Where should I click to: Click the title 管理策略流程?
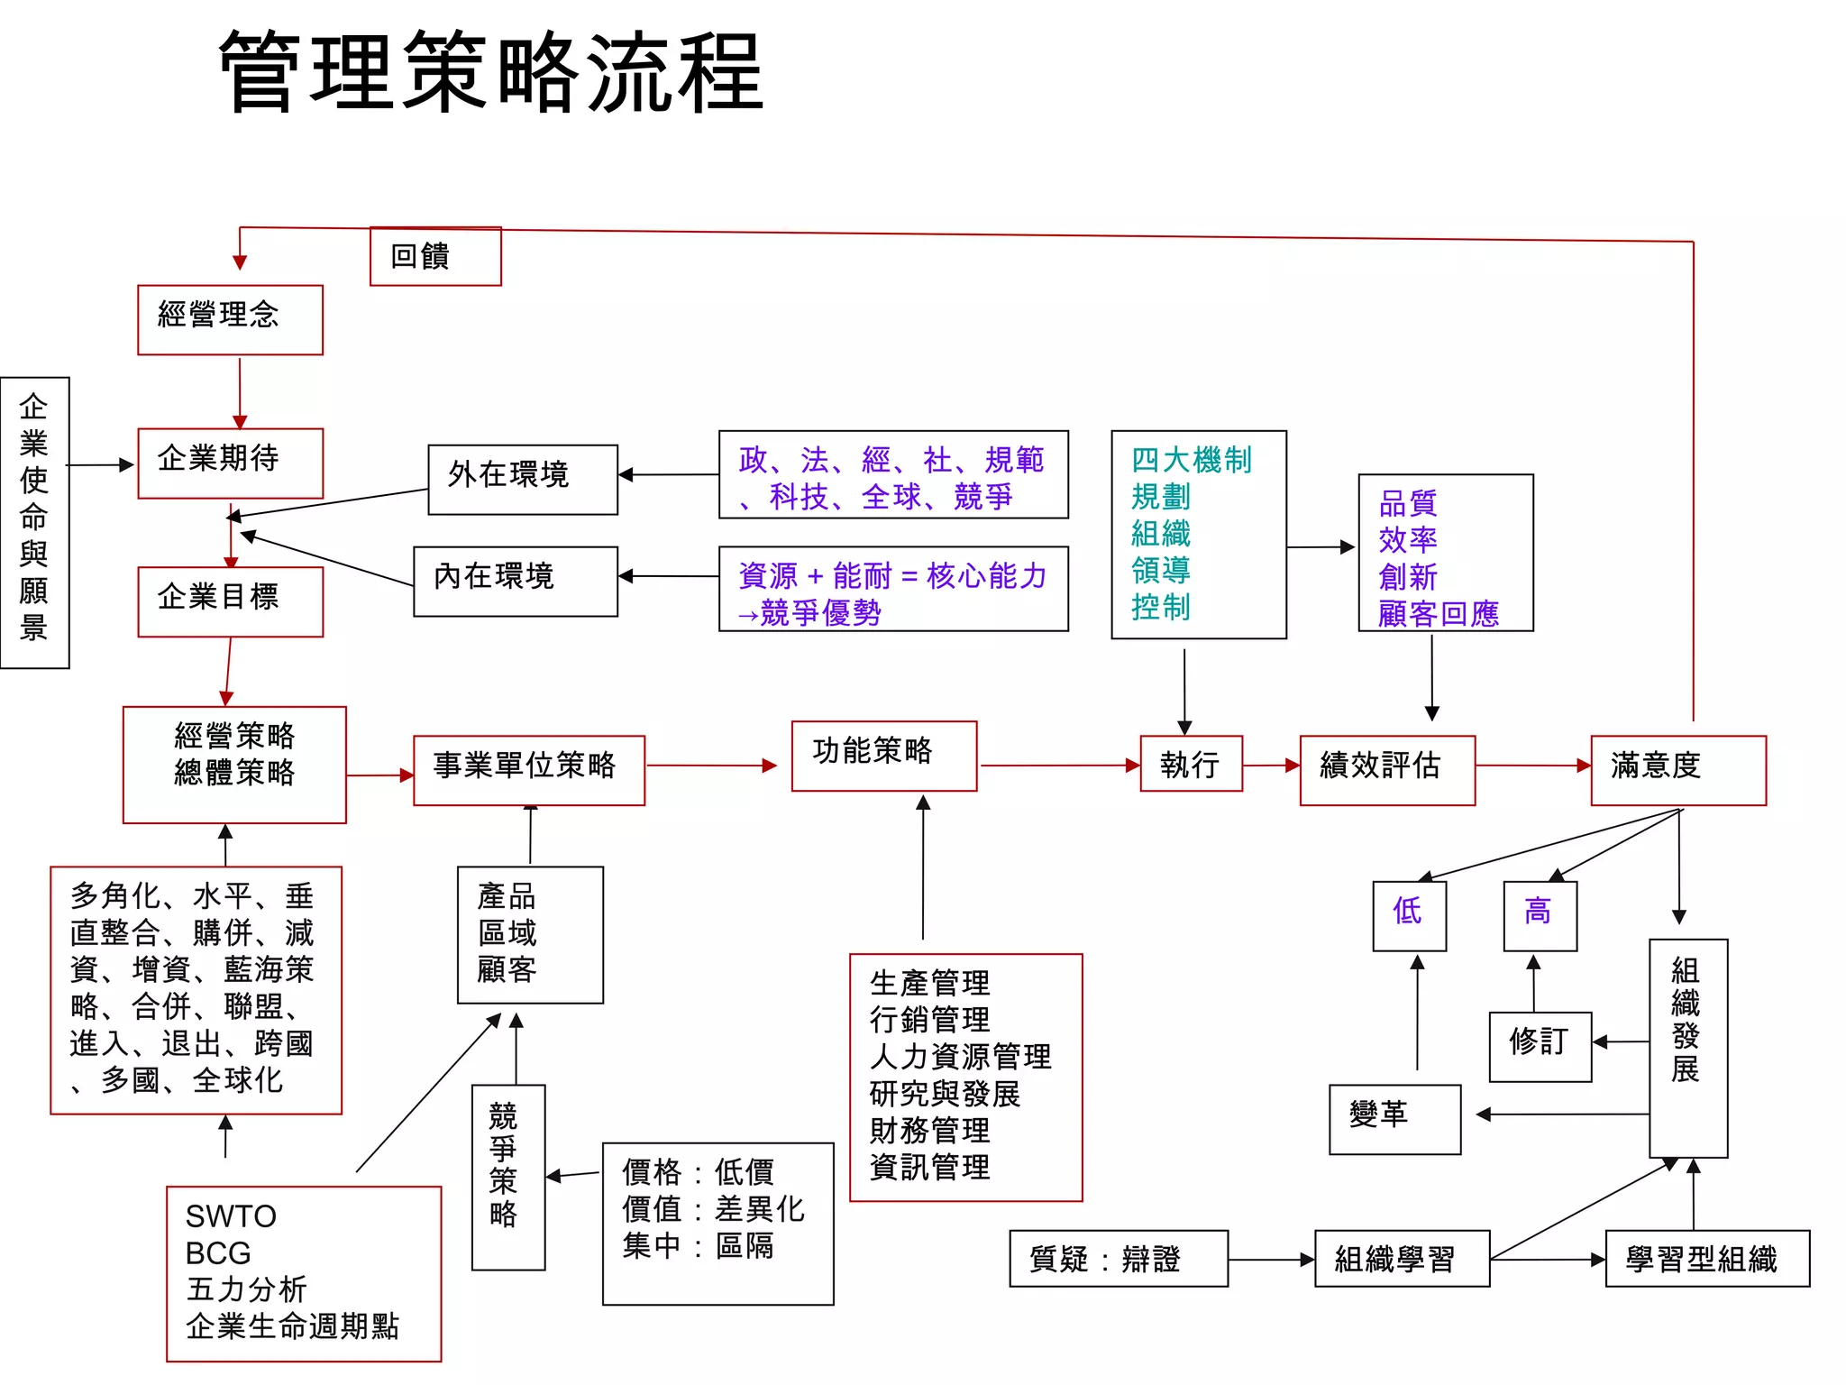pos(491,72)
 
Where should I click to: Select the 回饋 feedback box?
pos(435,257)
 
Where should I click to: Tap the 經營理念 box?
pos(230,319)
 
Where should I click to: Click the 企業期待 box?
pos(230,463)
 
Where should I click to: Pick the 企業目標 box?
pos(230,601)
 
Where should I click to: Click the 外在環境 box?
pos(522,479)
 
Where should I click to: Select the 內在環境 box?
pos(515,581)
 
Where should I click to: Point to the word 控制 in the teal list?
pos(1161,607)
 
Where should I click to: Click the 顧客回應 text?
pos(1438,614)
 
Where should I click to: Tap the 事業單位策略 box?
pos(528,769)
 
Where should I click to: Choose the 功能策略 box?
pos(883,756)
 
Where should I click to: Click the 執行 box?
pos(1191,764)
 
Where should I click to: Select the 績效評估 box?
pos(1386,769)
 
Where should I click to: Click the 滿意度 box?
pos(1677,769)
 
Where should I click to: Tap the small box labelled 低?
pos(1409,914)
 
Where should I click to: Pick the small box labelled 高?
pos(1540,914)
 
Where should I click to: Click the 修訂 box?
pos(1540,1046)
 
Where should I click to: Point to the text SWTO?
pos(231,1215)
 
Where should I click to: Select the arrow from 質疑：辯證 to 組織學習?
pos(1271,1260)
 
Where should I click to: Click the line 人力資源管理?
pos(960,1057)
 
